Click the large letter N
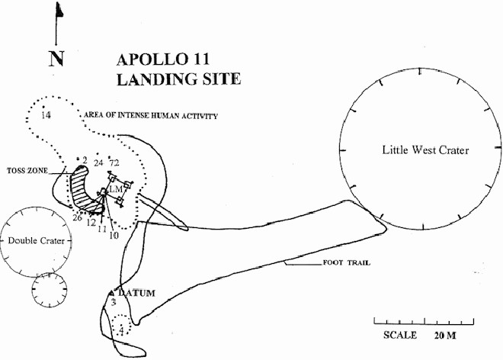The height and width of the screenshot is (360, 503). click(x=56, y=59)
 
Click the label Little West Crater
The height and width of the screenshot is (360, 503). click(x=425, y=149)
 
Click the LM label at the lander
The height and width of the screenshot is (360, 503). click(x=116, y=188)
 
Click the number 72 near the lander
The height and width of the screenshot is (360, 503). click(x=115, y=163)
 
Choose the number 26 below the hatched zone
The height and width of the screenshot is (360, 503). click(x=77, y=217)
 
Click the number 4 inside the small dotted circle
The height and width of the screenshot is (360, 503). click(x=121, y=330)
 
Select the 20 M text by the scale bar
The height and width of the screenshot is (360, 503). click(x=446, y=335)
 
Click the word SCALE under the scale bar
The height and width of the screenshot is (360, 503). click(x=400, y=335)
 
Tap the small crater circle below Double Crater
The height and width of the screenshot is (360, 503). click(x=50, y=289)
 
